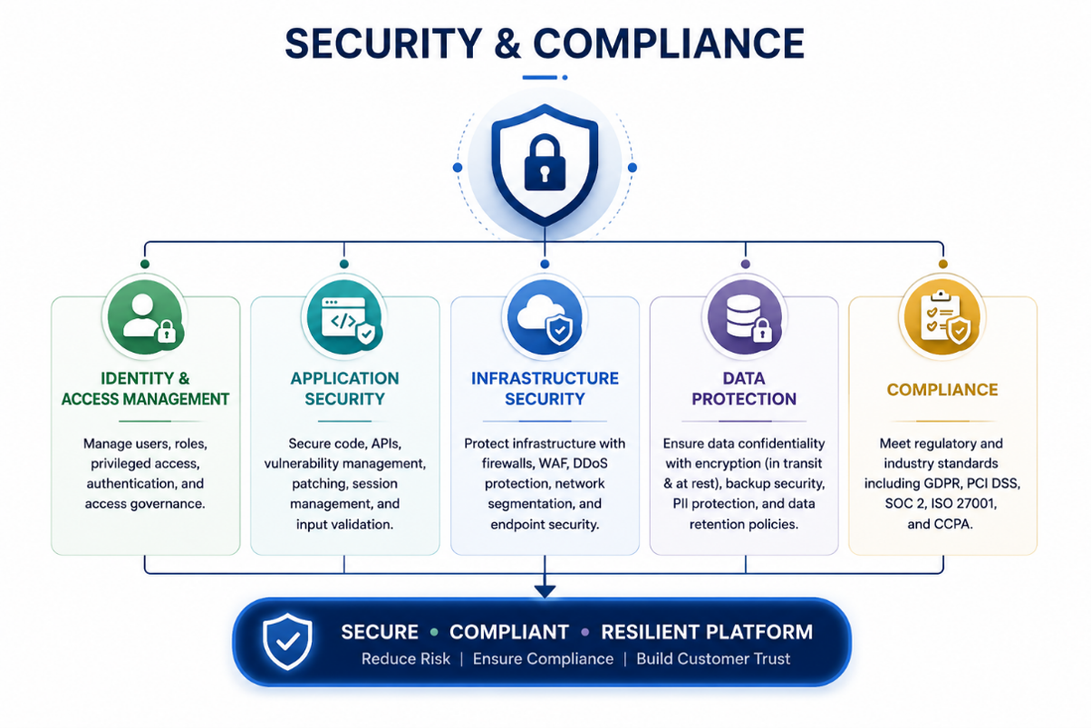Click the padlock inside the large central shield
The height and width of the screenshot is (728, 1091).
(545, 162)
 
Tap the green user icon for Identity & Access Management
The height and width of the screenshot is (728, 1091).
(145, 317)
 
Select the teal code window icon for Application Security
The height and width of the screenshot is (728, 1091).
(344, 317)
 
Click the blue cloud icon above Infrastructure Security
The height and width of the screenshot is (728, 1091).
(545, 317)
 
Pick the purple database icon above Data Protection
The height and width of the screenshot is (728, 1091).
(745, 317)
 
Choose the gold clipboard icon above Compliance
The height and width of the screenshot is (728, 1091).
(942, 317)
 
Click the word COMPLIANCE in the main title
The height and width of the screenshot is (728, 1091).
(669, 44)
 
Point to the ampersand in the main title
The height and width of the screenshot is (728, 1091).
(507, 44)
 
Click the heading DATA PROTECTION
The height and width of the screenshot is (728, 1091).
(744, 388)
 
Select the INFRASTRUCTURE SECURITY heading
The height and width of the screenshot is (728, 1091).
(545, 388)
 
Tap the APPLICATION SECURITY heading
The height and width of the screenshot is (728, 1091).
(344, 388)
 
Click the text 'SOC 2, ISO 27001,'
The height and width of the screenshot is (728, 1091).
(941, 503)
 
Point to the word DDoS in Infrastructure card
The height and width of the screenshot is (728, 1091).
(590, 463)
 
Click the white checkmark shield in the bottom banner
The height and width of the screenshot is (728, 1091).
(287, 641)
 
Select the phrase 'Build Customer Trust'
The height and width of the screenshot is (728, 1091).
(713, 659)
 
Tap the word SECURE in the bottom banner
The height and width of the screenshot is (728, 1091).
(380, 632)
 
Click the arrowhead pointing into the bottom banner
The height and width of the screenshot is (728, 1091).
(545, 591)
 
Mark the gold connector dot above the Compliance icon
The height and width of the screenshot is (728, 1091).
(943, 264)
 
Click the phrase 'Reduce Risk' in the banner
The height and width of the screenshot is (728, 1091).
(406, 659)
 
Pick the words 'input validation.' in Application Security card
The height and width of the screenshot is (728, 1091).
(344, 524)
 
